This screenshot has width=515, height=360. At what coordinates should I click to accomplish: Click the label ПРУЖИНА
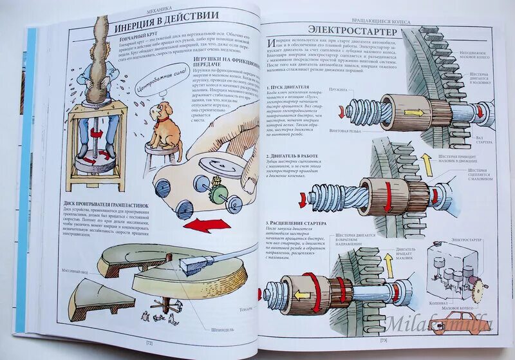click(339, 89)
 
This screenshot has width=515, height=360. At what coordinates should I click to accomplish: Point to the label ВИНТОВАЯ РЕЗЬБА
click(344, 133)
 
